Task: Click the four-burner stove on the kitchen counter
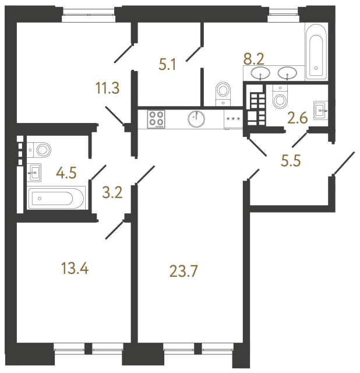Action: point(157,119)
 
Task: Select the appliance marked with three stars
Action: point(233,119)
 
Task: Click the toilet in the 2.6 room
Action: point(281,96)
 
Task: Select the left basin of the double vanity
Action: point(260,73)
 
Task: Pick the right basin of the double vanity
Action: point(287,73)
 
